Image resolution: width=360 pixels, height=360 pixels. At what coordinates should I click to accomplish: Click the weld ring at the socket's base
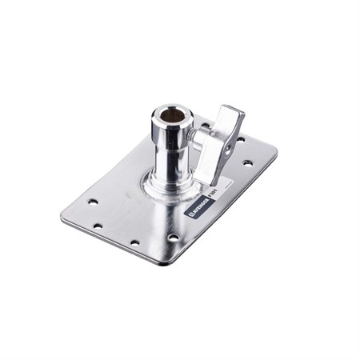click(x=168, y=190)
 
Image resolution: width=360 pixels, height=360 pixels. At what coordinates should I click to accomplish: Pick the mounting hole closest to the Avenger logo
click(x=174, y=238)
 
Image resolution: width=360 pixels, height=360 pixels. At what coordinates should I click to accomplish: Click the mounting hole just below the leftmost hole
click(x=99, y=226)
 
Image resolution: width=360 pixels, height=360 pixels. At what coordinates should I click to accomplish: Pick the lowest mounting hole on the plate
click(x=135, y=242)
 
